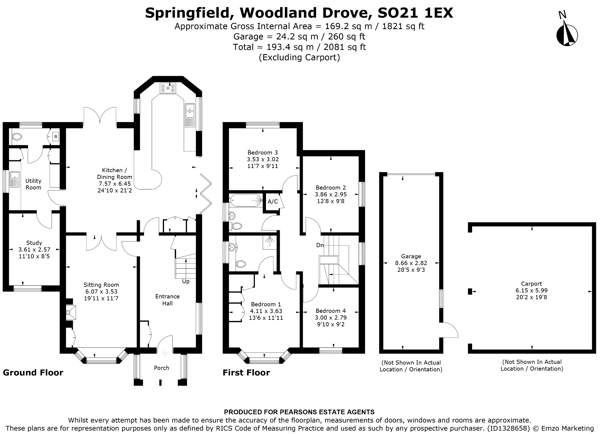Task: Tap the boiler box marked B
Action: (x=56, y=137)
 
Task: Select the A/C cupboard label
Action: (x=273, y=202)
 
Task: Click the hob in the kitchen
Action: (x=168, y=88)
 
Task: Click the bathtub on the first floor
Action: (x=245, y=200)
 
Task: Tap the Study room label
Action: (x=34, y=243)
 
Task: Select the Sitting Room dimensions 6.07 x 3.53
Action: (x=101, y=292)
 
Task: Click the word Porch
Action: (x=161, y=368)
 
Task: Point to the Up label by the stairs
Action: (x=186, y=281)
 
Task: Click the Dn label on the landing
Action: (x=320, y=245)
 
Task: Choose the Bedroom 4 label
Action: (x=331, y=311)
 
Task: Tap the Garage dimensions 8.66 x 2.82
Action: (x=411, y=263)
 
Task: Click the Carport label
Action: (x=531, y=284)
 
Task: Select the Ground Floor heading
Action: (x=33, y=373)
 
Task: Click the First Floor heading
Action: (x=246, y=373)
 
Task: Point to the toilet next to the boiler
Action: (x=17, y=137)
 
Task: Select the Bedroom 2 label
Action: (x=331, y=187)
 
